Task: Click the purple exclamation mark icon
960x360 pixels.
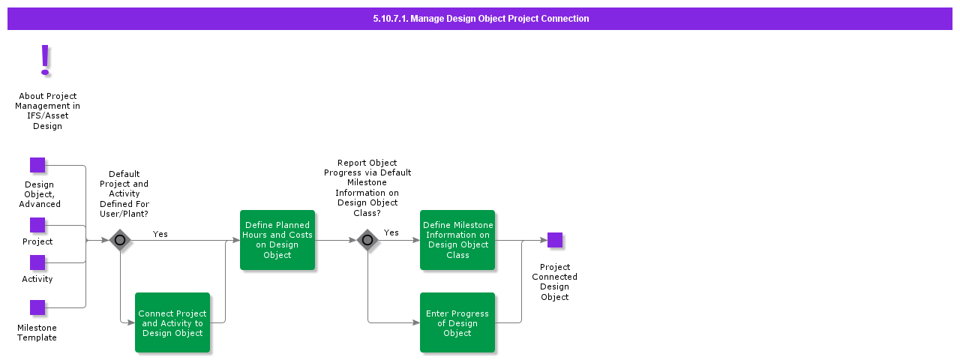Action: tap(45, 60)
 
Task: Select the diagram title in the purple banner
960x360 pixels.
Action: tap(480, 19)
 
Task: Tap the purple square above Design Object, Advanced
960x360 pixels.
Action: tap(37, 165)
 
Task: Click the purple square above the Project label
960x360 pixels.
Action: tap(37, 225)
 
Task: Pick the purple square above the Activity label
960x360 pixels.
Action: tap(37, 262)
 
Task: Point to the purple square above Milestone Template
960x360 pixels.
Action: tap(37, 307)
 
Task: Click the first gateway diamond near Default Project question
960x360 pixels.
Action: tap(120, 240)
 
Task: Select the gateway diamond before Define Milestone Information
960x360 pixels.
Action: tap(367, 240)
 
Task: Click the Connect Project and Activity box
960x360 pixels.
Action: tap(172, 322)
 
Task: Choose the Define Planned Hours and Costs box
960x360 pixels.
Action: tap(277, 240)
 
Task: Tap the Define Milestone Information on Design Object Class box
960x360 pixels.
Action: tap(457, 240)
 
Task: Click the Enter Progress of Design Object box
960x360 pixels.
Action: tap(457, 322)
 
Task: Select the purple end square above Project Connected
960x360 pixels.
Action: tap(555, 240)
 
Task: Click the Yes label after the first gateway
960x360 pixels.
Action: tap(160, 234)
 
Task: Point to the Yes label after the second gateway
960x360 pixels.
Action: tap(391, 232)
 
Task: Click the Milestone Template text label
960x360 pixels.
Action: tap(37, 333)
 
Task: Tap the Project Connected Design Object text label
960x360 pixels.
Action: tap(555, 282)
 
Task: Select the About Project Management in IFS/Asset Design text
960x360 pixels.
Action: tap(47, 111)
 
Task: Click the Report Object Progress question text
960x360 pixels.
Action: tap(367, 187)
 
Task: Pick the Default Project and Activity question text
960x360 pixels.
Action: tap(124, 193)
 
